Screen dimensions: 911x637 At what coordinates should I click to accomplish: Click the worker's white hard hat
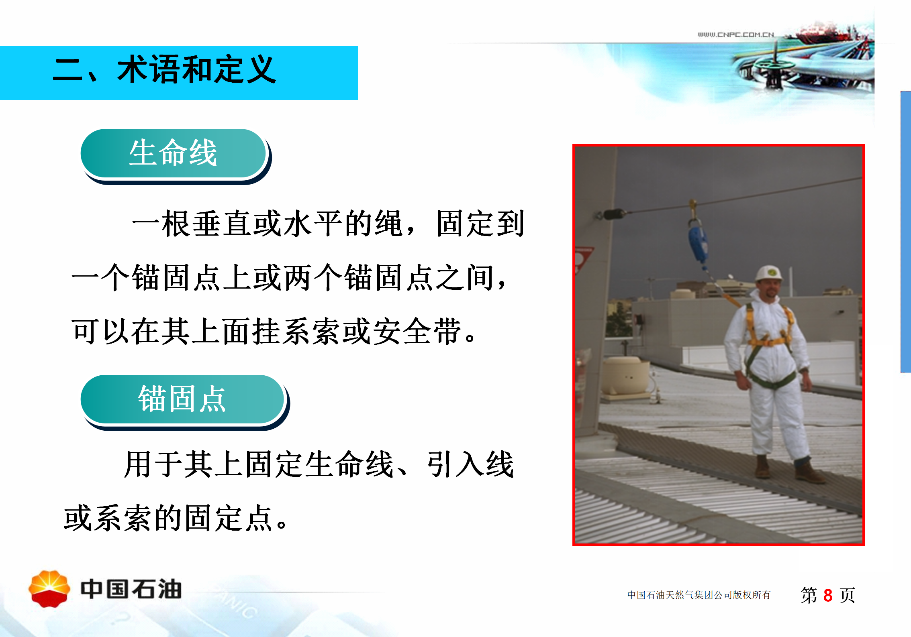768,273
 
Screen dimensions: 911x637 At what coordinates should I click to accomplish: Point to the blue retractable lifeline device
698,243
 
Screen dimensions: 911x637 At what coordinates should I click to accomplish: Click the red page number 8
828,595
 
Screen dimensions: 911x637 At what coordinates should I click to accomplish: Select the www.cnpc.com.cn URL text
736,35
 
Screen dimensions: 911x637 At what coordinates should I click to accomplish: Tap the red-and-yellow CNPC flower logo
49,589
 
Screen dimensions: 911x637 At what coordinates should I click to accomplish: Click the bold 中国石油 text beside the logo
131,589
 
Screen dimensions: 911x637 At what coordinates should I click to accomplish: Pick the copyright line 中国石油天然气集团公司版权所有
699,595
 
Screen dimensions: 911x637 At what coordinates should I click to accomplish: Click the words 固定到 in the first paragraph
480,224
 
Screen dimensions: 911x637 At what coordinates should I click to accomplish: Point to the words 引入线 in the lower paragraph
470,464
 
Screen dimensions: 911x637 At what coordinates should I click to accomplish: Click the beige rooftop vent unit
625,377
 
